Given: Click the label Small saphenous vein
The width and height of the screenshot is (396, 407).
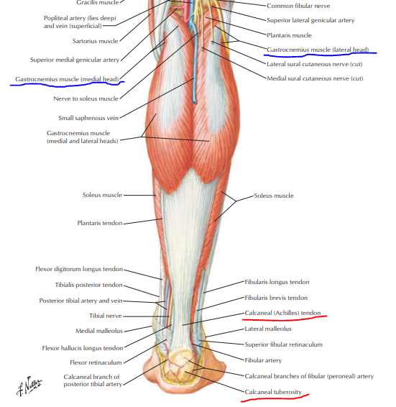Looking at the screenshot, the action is pyautogui.click(x=88, y=118).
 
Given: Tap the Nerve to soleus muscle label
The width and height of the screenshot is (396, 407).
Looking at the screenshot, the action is pyautogui.click(x=86, y=99).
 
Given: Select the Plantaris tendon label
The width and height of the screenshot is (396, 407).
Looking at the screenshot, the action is pyautogui.click(x=100, y=223).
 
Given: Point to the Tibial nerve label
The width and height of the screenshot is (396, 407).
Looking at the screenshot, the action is pyautogui.click(x=106, y=316).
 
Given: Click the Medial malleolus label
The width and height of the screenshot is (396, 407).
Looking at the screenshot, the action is pyautogui.click(x=99, y=331).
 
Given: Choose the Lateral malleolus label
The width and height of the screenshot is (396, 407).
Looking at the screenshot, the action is pyautogui.click(x=268, y=329).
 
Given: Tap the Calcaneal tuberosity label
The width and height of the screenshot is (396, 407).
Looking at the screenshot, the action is pyautogui.click(x=273, y=392).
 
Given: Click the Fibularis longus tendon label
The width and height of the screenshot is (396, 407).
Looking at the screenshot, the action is pyautogui.click(x=277, y=282).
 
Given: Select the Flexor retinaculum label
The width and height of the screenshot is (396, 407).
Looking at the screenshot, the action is pyautogui.click(x=96, y=362).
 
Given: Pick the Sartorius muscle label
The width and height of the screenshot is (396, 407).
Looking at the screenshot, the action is pyautogui.click(x=96, y=41).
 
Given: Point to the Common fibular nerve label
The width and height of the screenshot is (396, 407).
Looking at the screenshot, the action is pyautogui.click(x=298, y=6).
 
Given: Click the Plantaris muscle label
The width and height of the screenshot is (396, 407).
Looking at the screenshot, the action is pyautogui.click(x=289, y=35).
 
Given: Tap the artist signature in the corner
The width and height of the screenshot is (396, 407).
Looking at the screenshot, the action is pyautogui.click(x=29, y=385).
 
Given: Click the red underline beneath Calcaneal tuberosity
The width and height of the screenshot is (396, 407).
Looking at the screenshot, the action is pyautogui.click(x=275, y=398).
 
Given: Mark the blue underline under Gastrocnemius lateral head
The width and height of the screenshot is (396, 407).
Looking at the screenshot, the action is pyautogui.click(x=321, y=54).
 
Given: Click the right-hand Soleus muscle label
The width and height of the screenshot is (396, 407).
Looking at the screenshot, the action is pyautogui.click(x=274, y=196).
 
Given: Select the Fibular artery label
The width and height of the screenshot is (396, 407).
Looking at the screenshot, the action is pyautogui.click(x=263, y=360).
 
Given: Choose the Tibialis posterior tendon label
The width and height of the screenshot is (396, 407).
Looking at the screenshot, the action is pyautogui.click(x=88, y=285).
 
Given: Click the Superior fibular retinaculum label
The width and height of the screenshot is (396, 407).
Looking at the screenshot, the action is pyautogui.click(x=283, y=344).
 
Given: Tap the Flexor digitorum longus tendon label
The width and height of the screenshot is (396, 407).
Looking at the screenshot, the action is pyautogui.click(x=79, y=269).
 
